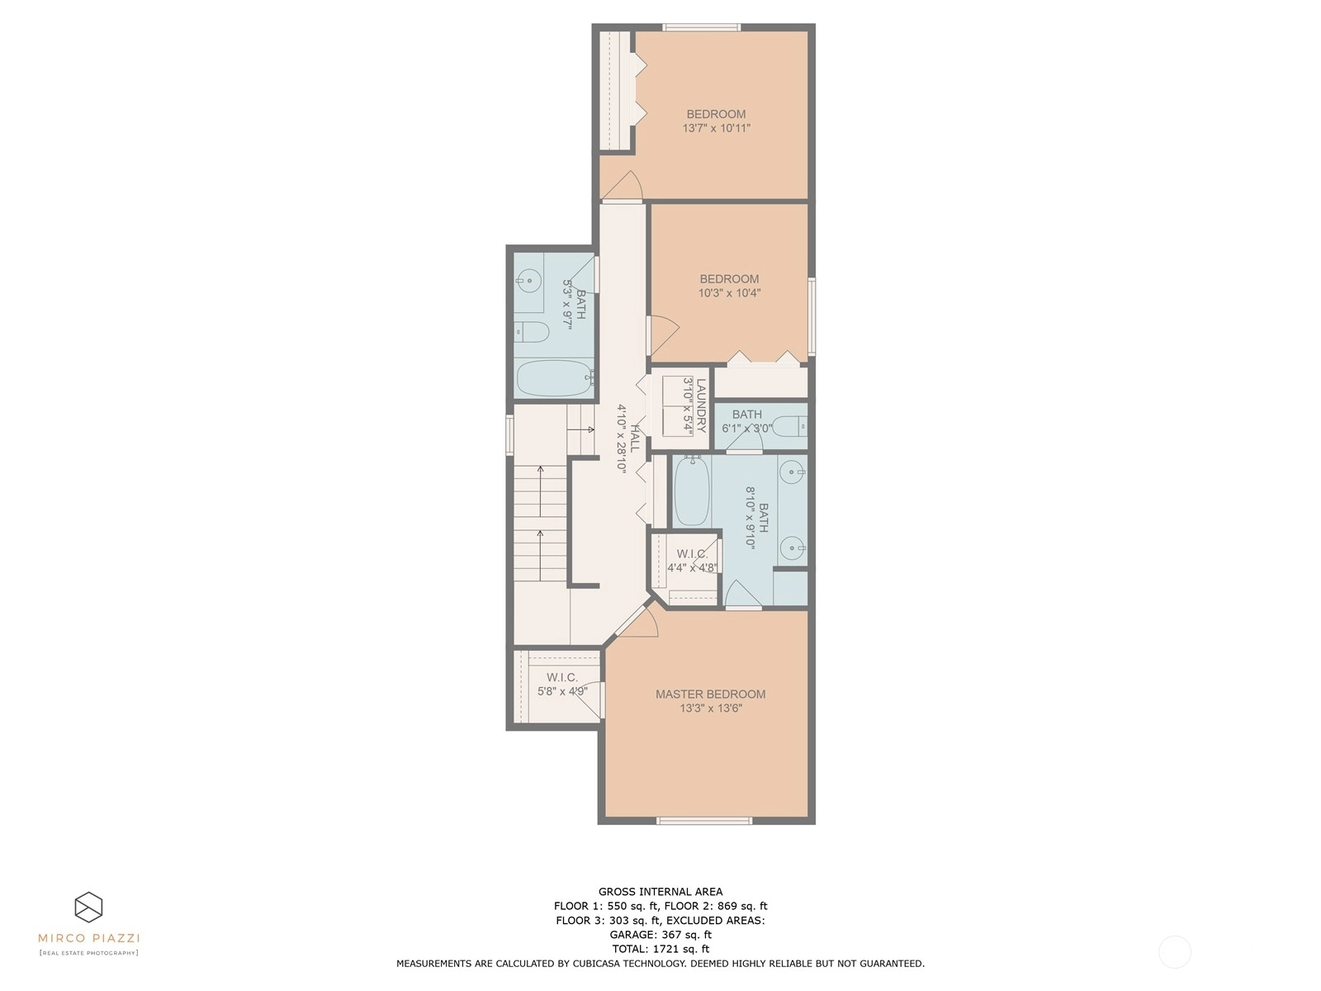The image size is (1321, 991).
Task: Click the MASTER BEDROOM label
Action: [x=710, y=695]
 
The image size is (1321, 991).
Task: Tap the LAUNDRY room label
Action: [x=700, y=405]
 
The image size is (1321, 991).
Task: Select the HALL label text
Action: [x=634, y=438]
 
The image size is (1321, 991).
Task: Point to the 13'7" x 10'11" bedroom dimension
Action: [x=716, y=128]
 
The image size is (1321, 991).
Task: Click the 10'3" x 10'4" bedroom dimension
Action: [x=729, y=293]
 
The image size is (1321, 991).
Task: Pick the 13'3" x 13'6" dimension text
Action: [x=711, y=709]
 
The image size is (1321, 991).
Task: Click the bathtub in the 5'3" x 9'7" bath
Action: [x=555, y=378]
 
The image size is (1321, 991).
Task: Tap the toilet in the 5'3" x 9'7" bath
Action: [x=532, y=331]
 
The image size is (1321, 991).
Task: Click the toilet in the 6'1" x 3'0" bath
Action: [x=789, y=427]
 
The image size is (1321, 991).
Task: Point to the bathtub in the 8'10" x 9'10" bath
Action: [x=692, y=491]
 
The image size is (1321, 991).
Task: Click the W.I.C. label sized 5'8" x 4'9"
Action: [x=562, y=677]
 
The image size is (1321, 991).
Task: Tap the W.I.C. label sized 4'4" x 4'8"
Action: [x=692, y=553]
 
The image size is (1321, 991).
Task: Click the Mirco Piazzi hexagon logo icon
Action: [x=88, y=908]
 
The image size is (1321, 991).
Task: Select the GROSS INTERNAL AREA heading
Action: [x=660, y=892]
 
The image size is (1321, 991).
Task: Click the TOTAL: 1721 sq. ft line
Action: [x=660, y=949]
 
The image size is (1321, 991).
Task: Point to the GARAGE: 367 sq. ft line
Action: [x=660, y=935]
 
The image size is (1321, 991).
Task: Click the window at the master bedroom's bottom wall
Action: [x=704, y=820]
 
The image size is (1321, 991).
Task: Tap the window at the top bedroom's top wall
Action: [x=702, y=27]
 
